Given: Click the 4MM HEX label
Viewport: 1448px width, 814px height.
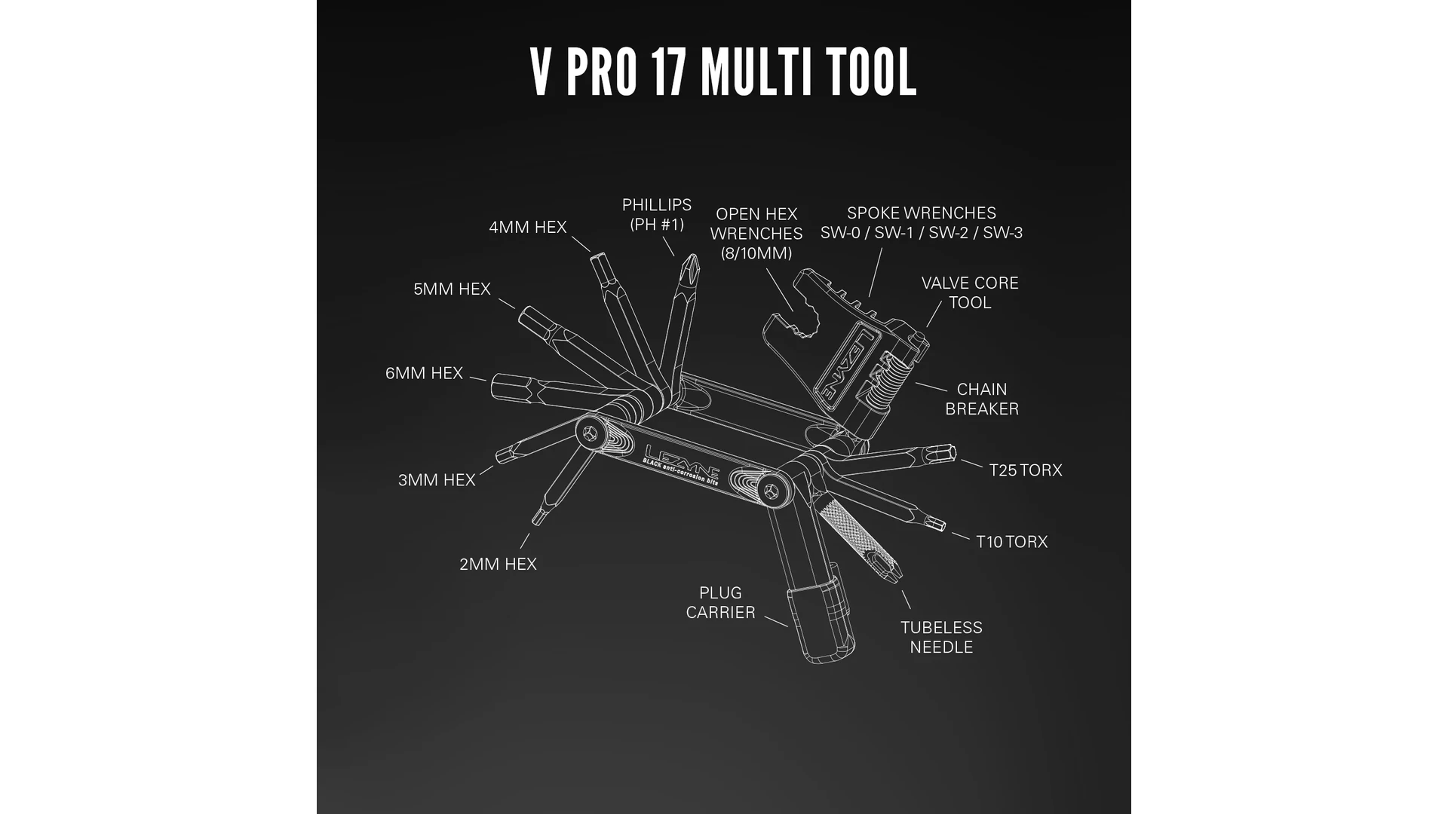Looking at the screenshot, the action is point(527,227).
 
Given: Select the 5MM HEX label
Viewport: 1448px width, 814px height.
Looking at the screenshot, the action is point(452,289).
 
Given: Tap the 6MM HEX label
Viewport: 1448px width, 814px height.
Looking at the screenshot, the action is point(424,373).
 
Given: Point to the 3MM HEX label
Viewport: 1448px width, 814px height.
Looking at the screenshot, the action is point(437,480).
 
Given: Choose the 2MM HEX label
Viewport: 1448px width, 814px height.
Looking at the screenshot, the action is point(498,564).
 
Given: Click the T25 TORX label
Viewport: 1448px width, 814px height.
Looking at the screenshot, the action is point(1026,470).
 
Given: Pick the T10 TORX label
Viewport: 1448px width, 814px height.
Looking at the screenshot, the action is point(1011,542).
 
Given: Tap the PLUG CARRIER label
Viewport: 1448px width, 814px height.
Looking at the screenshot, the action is point(720,602).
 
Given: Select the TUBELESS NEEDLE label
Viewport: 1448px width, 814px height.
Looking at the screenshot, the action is point(941,637).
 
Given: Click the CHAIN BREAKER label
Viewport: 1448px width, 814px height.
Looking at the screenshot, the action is point(982,399).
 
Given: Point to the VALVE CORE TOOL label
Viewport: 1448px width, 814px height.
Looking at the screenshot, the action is point(970,292).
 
